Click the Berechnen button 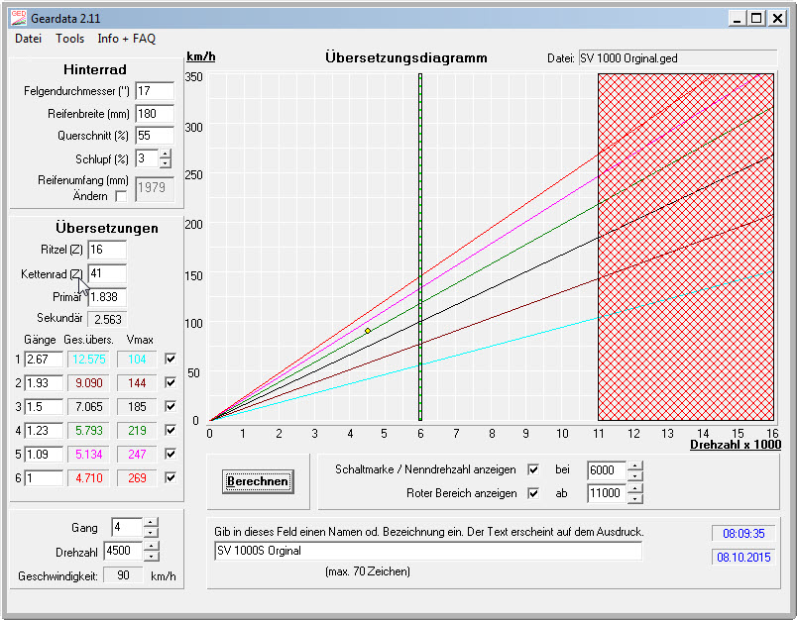(258, 481)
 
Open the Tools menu (69, 39)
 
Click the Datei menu (28, 39)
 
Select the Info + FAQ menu (126, 39)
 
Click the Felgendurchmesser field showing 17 (154, 91)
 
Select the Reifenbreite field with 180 (154, 114)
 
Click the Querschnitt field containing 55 (154, 136)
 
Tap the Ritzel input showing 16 (107, 251)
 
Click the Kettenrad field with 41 (107, 272)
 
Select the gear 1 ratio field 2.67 (44, 359)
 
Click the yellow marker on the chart (368, 330)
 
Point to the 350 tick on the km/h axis (193, 76)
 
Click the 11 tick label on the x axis (597, 433)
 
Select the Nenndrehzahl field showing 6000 (607, 470)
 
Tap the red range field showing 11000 (607, 493)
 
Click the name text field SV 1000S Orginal (428, 551)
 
